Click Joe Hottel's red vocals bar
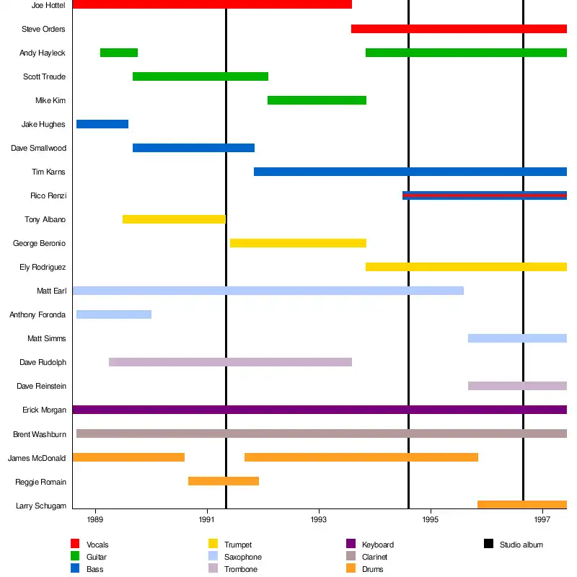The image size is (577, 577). [x=212, y=4]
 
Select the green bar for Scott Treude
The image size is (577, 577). [x=201, y=76]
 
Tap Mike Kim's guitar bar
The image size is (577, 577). [x=317, y=100]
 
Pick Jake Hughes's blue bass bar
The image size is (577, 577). [x=102, y=124]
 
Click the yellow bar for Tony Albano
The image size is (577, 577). [x=174, y=219]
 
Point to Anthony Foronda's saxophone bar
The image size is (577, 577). [x=114, y=314]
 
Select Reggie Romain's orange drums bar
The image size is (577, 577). [x=224, y=481]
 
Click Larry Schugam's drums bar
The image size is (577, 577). [x=522, y=505]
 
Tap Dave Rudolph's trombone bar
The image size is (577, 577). [x=230, y=362]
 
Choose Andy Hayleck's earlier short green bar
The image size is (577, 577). [x=119, y=53]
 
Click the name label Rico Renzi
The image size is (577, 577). [x=48, y=196]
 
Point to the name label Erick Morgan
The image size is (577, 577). [x=45, y=410]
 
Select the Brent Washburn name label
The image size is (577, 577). [x=40, y=434]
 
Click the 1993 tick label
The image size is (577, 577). [x=320, y=519]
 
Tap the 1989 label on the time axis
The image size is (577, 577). [x=95, y=519]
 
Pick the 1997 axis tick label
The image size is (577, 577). [x=543, y=519]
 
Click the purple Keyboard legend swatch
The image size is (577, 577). [x=351, y=544]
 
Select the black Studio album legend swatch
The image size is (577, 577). [x=489, y=544]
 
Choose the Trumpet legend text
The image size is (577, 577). [x=238, y=545]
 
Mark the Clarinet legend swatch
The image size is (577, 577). [x=351, y=556]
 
